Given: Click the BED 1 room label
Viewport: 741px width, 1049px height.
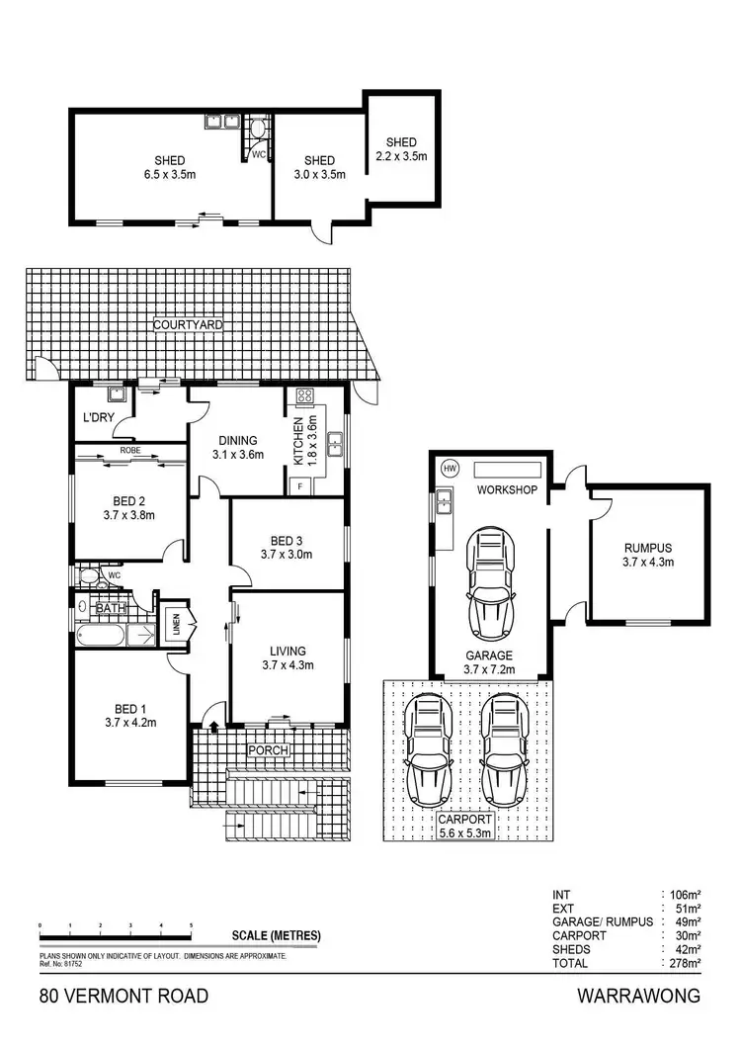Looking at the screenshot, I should pos(130,708).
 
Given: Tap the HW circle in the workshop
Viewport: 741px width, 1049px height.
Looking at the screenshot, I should pos(451,468).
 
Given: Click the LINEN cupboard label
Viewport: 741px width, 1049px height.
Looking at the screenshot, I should pos(175,624).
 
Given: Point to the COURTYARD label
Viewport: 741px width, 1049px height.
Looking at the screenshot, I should pos(188,323).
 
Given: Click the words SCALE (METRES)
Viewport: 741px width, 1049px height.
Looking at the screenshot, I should pos(277,935).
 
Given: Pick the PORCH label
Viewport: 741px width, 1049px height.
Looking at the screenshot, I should pos(268,750).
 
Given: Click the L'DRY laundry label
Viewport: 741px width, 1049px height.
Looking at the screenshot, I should pos(98,418).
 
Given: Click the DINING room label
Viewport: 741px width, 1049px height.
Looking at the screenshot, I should pos(237,441).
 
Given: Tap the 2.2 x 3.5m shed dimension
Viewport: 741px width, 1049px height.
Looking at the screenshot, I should pos(401,156).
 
